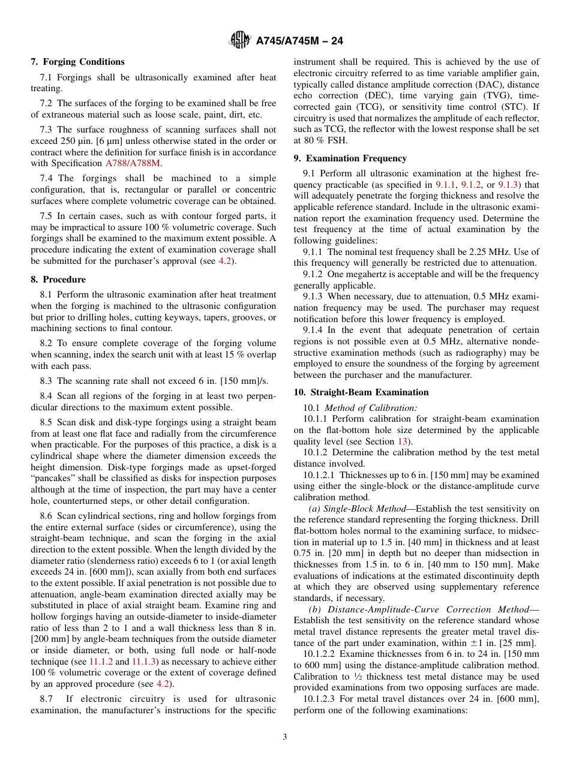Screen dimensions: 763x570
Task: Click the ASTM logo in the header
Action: (240, 41)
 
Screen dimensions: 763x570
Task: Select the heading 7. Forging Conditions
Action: (77, 62)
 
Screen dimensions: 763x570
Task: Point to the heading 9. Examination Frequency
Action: (350, 158)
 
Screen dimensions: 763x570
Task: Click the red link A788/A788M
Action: (133, 163)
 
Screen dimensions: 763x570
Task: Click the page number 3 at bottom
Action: (284, 737)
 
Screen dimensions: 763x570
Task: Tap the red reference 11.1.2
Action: (101, 662)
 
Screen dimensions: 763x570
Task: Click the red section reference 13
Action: (403, 441)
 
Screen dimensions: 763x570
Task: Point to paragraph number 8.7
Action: (47, 699)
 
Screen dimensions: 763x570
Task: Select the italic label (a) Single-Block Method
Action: (352, 509)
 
